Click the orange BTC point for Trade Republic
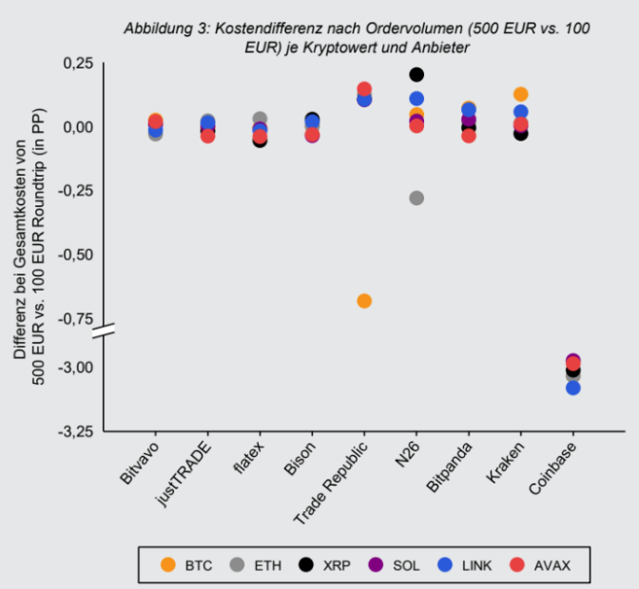click(x=364, y=301)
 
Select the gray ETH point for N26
click(x=416, y=198)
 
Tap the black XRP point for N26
click(x=416, y=74)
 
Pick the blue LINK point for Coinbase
click(x=572, y=388)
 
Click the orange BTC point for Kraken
click(x=520, y=94)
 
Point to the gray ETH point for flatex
click(x=260, y=120)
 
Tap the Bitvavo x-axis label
click(x=140, y=461)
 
